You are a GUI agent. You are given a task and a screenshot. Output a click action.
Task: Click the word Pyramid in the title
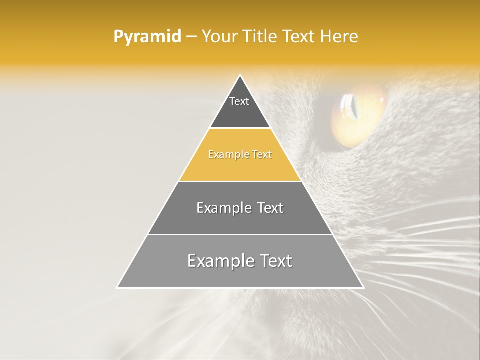coord(147,37)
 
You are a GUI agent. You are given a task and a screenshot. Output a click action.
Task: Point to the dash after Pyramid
coord(191,37)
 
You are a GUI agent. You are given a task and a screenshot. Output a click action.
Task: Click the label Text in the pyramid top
coord(239,101)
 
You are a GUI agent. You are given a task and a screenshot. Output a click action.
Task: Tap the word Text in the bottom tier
coord(272,261)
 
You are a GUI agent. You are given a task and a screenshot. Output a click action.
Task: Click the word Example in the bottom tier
coord(218,261)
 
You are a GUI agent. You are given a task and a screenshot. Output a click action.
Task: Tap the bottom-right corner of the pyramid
coord(363,287)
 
